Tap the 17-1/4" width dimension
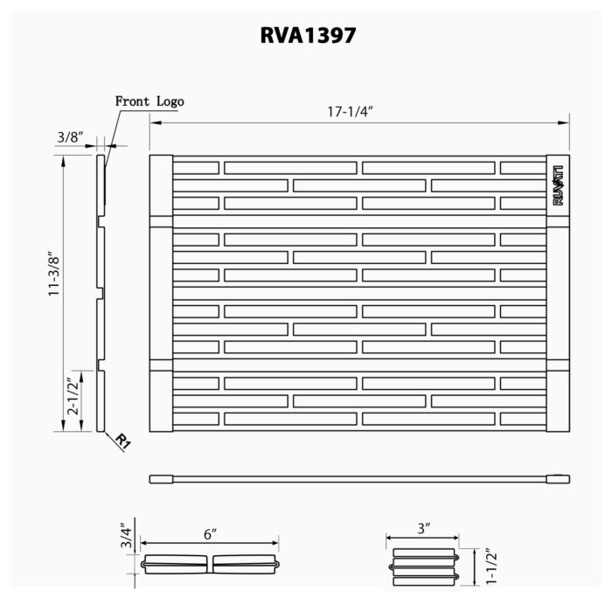(352, 112)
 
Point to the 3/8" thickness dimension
(69, 137)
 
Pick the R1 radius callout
(122, 442)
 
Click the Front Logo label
(150, 101)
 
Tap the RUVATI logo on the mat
(558, 184)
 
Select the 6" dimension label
(209, 532)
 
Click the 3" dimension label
(423, 529)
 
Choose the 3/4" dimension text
(127, 536)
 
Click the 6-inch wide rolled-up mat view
(211, 563)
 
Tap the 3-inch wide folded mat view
(424, 567)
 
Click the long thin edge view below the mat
(359, 479)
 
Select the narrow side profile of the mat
(100, 293)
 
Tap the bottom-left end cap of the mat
(161, 400)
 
